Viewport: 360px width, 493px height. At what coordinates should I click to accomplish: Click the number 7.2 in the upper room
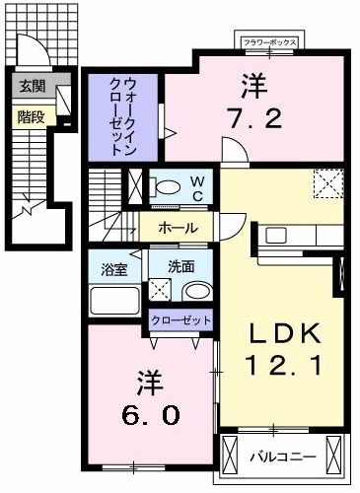257,119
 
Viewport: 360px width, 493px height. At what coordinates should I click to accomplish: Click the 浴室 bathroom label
116,267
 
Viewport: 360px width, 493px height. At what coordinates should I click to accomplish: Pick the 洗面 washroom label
180,266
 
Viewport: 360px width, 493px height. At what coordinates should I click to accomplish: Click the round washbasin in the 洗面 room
195,292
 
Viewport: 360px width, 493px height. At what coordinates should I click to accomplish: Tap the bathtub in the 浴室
115,300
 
